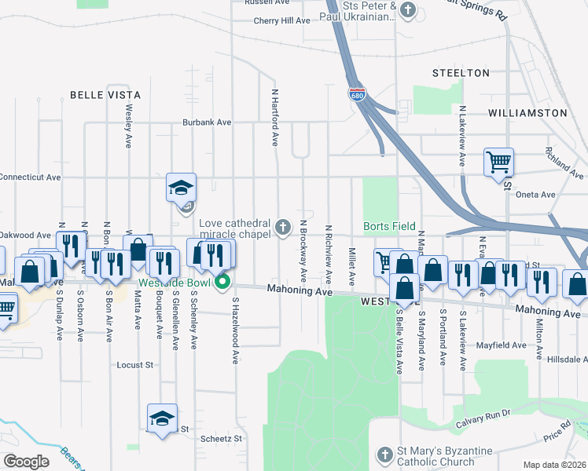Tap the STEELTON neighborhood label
click(461, 73)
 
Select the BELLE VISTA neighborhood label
click(105, 95)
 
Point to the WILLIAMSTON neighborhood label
click(527, 113)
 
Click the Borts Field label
click(389, 226)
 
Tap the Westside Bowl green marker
click(223, 282)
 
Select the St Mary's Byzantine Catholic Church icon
click(384, 455)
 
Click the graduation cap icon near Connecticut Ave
click(181, 188)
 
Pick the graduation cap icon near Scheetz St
click(162, 418)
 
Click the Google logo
click(25, 462)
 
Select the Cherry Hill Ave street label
click(282, 20)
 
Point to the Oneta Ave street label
click(535, 195)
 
